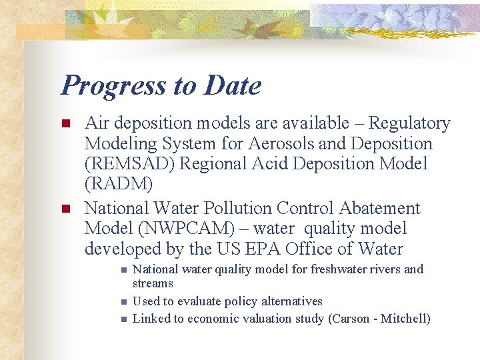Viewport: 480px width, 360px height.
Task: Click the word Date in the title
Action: (x=233, y=85)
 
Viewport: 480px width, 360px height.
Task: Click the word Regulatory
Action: (x=409, y=123)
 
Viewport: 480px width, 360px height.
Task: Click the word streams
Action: (x=153, y=283)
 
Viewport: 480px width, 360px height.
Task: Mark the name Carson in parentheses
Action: (x=351, y=319)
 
